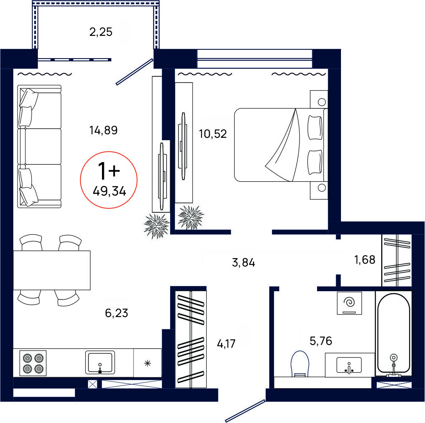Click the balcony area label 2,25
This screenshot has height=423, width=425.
point(101,32)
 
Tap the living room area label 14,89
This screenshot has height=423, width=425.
point(104,130)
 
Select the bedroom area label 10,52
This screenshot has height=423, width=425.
point(213,134)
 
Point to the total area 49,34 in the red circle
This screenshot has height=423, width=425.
point(109,192)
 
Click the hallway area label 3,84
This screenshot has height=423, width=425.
point(243,262)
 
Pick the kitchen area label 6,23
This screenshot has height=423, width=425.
point(117,313)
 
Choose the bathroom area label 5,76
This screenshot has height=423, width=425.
point(321,341)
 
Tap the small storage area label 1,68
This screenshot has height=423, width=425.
point(365,260)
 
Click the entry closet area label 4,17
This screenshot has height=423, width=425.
point(226,344)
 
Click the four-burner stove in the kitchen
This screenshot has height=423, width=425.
point(33,363)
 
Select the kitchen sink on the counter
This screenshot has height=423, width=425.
point(100,362)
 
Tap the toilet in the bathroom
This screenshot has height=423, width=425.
point(300,364)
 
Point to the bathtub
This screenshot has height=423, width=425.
point(394,334)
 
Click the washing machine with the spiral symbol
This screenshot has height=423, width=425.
point(349,303)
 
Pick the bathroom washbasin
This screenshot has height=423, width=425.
point(349,365)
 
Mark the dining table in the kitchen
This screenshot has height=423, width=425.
point(52,270)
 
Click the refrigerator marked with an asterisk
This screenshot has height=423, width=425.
point(147,363)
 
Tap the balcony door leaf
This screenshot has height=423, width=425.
point(135,72)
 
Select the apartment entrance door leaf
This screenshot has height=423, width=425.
point(245,411)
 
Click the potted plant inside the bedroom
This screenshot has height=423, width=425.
point(191,217)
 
